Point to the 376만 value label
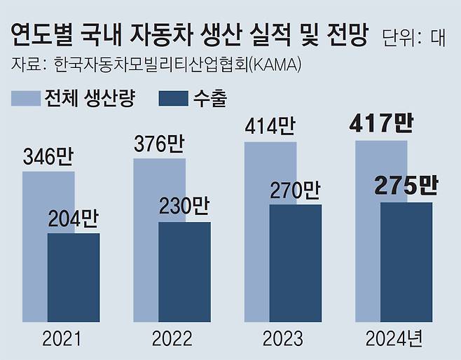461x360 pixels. [158, 145]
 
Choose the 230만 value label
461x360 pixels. [184, 208]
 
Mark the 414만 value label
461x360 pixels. [270, 127]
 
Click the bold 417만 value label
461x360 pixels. [381, 125]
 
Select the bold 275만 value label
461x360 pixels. [406, 186]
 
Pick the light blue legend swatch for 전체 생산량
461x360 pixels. [25, 99]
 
